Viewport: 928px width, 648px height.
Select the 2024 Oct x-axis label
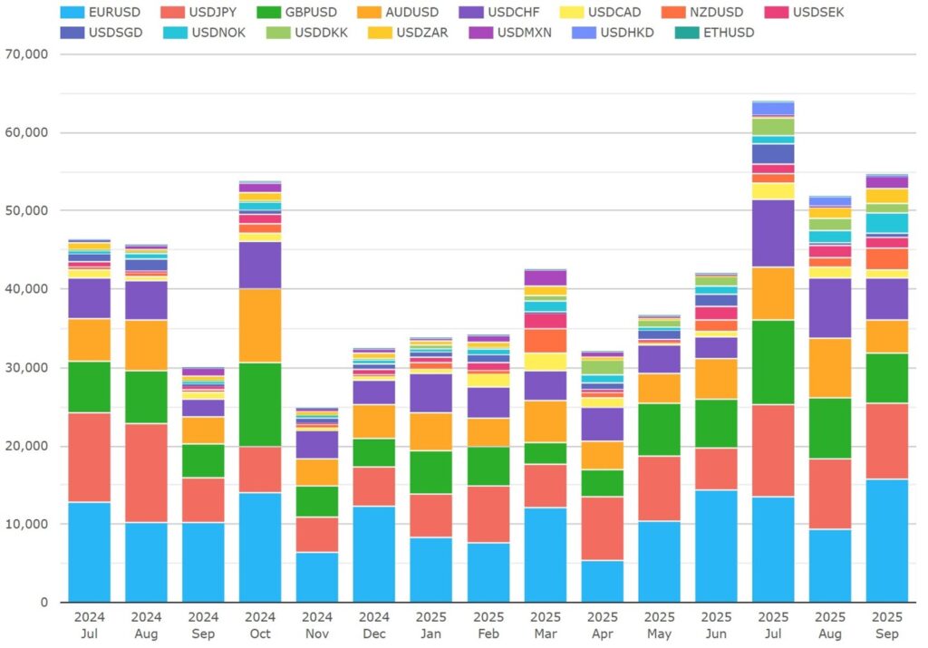pos(260,626)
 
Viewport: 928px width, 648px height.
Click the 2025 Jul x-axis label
pos(773,626)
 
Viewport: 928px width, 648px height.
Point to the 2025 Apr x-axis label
pos(602,626)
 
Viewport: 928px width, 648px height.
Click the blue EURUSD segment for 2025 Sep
pos(887,540)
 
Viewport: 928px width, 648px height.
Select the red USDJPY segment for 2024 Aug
pos(146,472)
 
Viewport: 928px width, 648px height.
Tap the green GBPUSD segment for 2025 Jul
pos(773,362)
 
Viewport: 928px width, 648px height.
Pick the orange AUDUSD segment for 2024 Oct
pos(260,325)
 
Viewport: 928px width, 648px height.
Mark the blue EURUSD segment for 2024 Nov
pos(317,577)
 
